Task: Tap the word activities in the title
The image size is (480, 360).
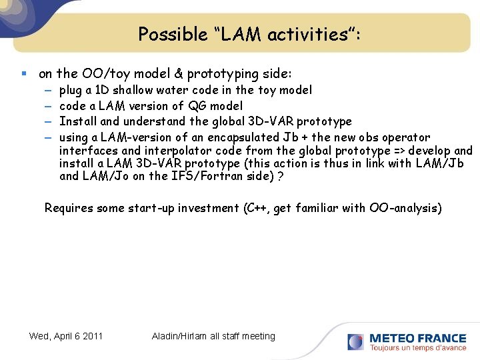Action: [298, 35]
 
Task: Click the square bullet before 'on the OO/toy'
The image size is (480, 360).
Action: [24, 74]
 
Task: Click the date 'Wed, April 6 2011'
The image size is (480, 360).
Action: [66, 336]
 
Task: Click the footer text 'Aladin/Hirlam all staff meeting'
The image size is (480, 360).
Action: [213, 336]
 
